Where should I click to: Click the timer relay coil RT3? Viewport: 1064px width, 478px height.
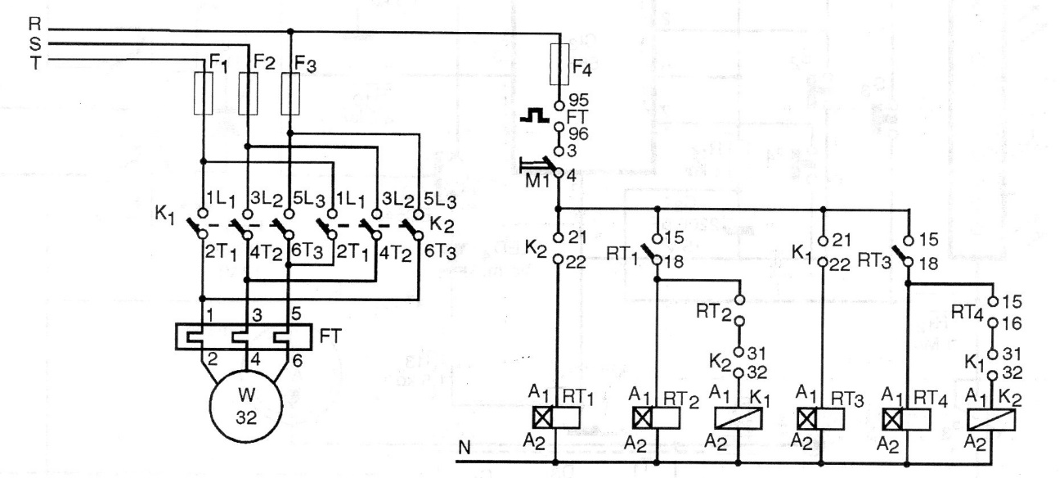tap(821, 418)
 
